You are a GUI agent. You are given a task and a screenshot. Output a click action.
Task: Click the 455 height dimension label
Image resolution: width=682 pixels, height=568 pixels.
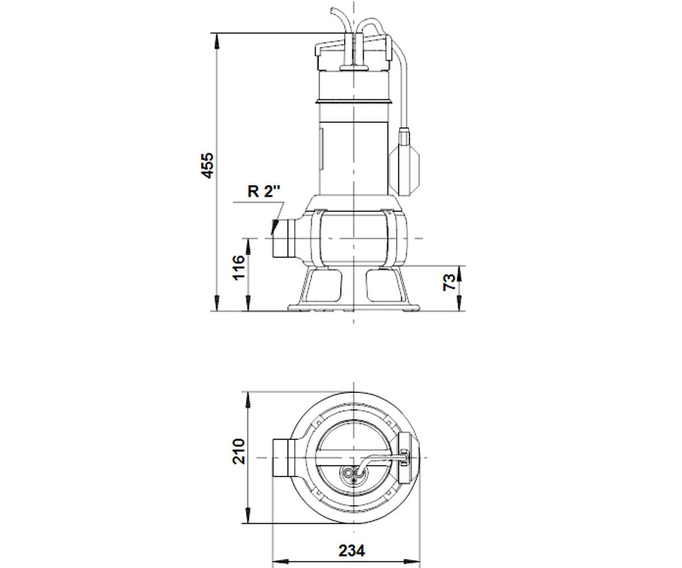click(207, 165)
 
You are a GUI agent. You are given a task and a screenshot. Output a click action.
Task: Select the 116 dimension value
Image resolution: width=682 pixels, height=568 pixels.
click(239, 268)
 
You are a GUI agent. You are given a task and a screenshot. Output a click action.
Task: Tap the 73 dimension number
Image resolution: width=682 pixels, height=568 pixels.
click(449, 282)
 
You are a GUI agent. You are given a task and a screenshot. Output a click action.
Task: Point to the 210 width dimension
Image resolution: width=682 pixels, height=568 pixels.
click(239, 452)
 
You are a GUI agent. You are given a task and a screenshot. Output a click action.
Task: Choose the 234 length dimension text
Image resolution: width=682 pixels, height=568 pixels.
click(352, 523)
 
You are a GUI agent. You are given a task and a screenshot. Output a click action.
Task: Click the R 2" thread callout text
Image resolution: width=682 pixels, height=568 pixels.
click(264, 191)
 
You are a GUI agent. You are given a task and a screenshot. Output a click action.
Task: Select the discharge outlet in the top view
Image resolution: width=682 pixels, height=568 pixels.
click(284, 458)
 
